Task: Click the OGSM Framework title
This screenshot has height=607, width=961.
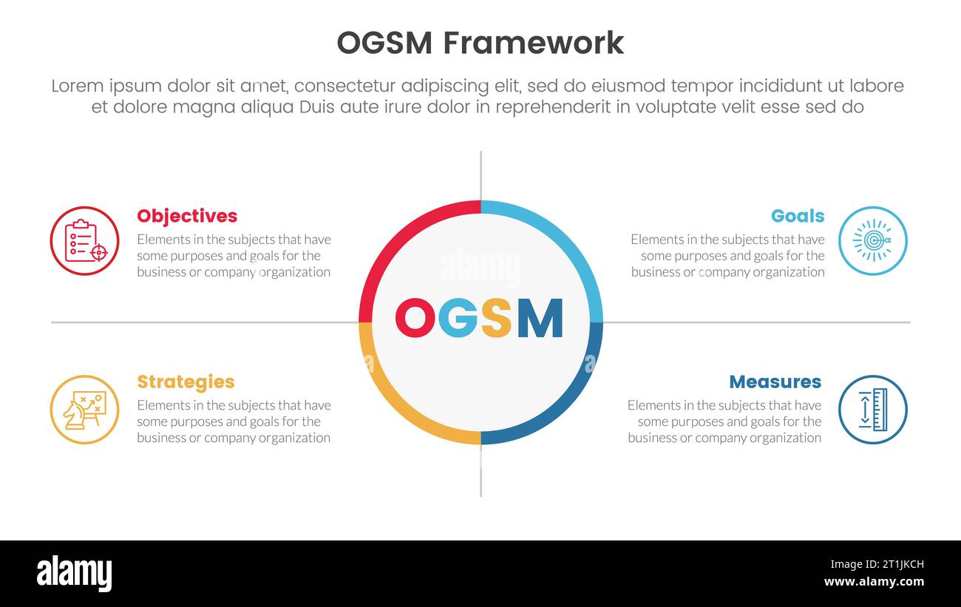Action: point(480,43)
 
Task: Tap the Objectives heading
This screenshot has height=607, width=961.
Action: point(187,216)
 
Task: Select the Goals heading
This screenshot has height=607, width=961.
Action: point(797,216)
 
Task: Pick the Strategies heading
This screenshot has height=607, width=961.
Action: point(186,382)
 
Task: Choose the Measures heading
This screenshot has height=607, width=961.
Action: point(775,382)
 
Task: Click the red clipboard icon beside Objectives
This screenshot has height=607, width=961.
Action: point(84,241)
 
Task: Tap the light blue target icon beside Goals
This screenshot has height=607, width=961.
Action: point(872,241)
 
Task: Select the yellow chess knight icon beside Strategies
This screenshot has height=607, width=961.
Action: point(84,410)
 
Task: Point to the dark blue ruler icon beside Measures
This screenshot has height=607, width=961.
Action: point(872,410)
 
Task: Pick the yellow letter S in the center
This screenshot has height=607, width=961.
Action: point(496,318)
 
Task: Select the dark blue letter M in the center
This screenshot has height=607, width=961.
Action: point(540,318)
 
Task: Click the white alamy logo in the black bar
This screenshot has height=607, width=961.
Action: point(74,574)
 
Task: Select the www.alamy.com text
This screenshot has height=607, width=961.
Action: point(874,582)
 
